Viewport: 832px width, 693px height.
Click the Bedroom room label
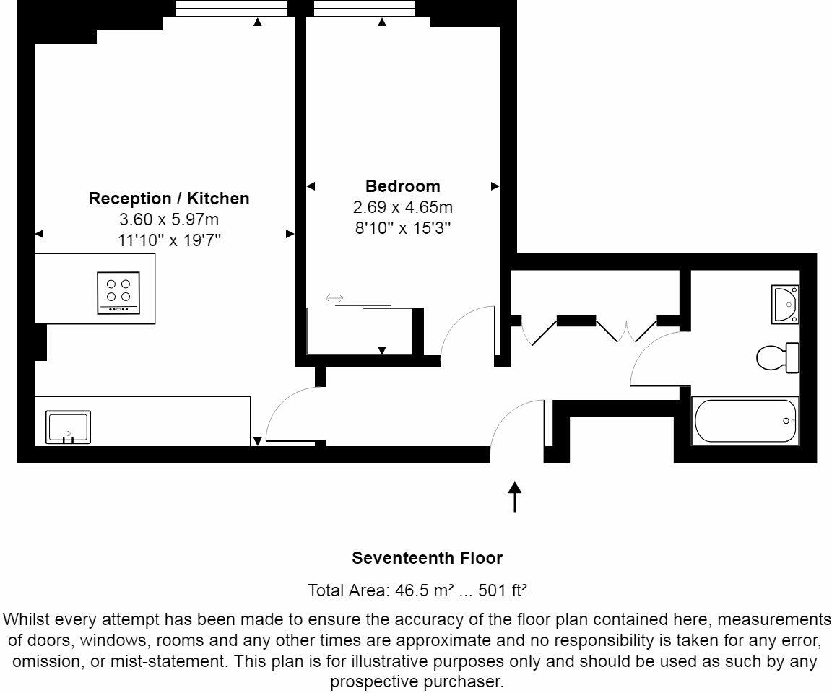(x=402, y=186)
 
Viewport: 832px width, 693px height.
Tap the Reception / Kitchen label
(x=169, y=198)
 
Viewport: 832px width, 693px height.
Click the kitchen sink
(x=69, y=427)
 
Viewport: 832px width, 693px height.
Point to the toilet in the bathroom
(x=778, y=357)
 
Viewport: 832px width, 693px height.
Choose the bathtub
(x=746, y=421)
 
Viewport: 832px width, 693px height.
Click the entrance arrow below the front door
(x=514, y=497)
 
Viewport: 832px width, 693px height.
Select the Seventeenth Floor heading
(x=427, y=558)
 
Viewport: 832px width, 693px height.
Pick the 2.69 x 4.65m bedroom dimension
(x=402, y=208)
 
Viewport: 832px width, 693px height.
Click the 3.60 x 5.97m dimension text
(x=169, y=219)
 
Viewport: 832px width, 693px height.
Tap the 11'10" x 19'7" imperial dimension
(x=169, y=240)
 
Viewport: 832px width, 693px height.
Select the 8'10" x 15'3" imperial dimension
(x=402, y=229)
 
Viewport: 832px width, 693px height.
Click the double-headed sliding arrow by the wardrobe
(x=335, y=298)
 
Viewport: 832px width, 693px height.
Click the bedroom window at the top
(x=365, y=9)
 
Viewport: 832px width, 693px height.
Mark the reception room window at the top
(x=231, y=9)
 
